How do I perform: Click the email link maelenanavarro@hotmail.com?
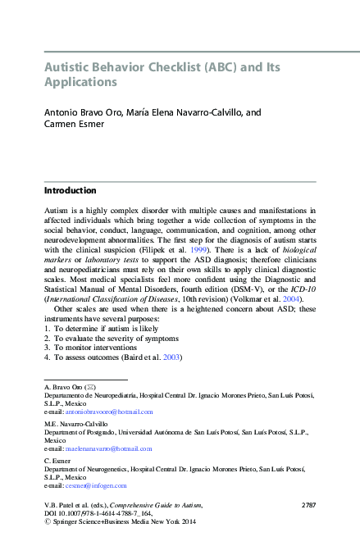tap(110, 450)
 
